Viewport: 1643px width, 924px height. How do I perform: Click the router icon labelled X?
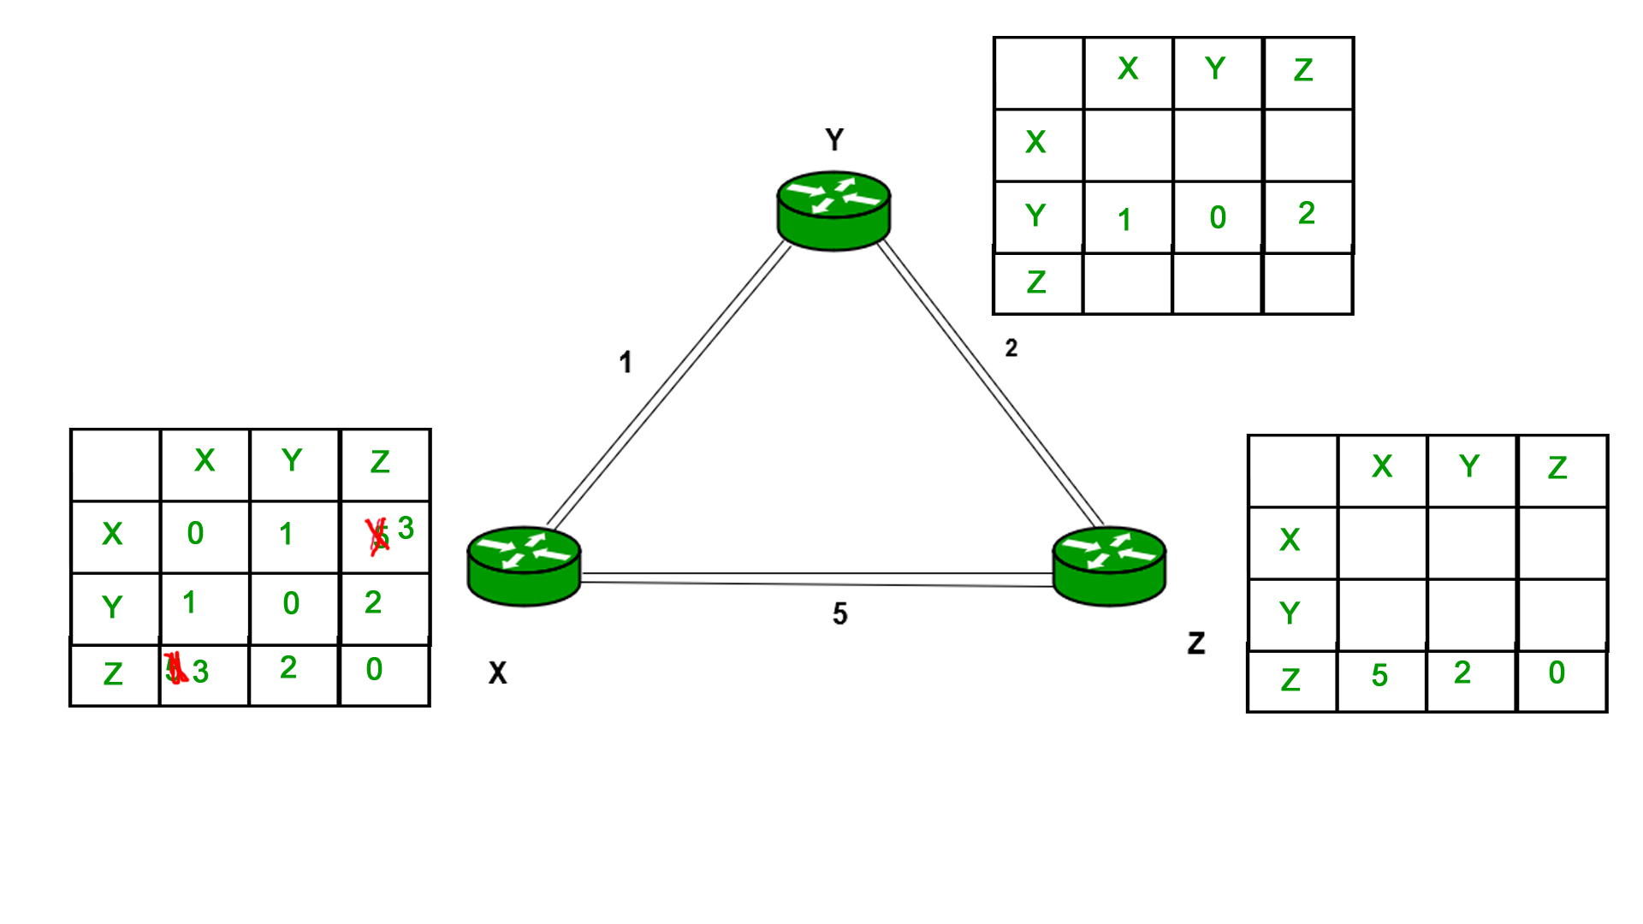tap(524, 566)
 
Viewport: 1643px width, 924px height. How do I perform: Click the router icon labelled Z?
tap(1109, 566)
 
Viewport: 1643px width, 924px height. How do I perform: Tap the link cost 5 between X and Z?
tap(839, 613)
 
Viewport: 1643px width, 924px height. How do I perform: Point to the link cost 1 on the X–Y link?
tap(626, 362)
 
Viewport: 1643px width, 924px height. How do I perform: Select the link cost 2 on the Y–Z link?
tap(1011, 348)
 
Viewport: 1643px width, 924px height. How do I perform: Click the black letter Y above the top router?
tap(834, 139)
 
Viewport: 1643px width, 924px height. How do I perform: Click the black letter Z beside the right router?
tap(1196, 643)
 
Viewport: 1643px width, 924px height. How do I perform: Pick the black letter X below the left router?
tap(497, 673)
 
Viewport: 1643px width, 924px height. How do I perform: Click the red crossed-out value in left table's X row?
tap(377, 536)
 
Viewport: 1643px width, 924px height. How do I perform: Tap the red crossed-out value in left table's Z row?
tap(175, 668)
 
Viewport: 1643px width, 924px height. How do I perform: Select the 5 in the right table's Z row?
tap(1379, 676)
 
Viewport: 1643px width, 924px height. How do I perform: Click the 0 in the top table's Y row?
tap(1218, 217)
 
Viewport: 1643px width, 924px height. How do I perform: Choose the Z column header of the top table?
tap(1303, 70)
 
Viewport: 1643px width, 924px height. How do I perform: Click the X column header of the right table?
tap(1382, 466)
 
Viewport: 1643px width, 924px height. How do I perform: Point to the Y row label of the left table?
tap(112, 607)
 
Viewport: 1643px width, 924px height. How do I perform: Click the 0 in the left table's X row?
tap(196, 533)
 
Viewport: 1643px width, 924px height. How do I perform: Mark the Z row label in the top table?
tap(1036, 282)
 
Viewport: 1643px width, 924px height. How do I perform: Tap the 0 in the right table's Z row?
tap(1557, 672)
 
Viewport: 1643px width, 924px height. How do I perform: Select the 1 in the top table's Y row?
tap(1124, 220)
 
